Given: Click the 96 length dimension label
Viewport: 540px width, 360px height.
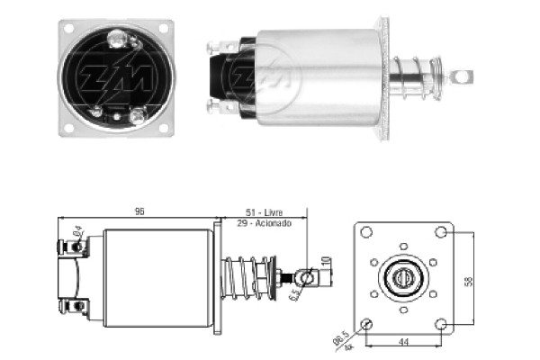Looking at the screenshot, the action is click(x=139, y=211).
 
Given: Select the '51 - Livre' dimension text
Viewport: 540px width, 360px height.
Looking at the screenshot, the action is click(x=264, y=212).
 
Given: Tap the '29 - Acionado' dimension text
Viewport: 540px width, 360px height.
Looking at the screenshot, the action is click(x=264, y=223).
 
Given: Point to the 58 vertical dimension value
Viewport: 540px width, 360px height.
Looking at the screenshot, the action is click(x=468, y=281).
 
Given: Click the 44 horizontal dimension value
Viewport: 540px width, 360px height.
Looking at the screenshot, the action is click(x=403, y=342).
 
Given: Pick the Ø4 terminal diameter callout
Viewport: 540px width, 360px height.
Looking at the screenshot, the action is click(x=77, y=230).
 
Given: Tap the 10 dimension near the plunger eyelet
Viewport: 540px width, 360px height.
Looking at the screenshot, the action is click(x=326, y=262).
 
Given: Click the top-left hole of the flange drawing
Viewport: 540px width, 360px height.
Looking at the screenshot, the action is click(x=366, y=232).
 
